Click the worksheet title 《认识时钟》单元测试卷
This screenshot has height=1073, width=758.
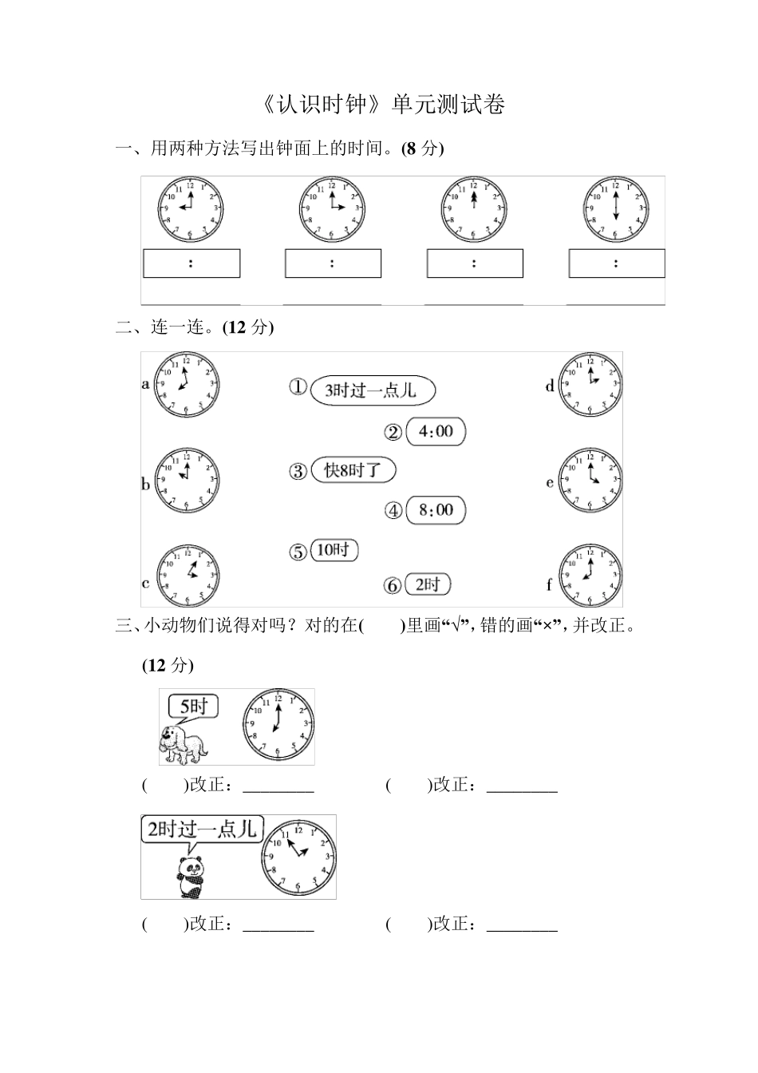click(383, 105)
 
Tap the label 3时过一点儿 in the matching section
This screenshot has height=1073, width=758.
click(372, 390)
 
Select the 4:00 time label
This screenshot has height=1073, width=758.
click(435, 432)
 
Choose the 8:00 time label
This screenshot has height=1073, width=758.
click(435, 510)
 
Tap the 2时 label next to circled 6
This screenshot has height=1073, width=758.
click(428, 584)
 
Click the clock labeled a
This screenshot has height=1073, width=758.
click(187, 383)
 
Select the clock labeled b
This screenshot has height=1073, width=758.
click(187, 481)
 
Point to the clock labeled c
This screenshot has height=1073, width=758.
click(188, 576)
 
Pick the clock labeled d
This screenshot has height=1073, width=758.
click(590, 383)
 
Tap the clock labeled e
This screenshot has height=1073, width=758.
click(590, 481)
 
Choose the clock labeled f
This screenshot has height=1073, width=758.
click(590, 576)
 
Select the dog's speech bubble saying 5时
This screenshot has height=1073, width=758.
click(193, 707)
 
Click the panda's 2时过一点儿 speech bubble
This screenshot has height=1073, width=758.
click(201, 829)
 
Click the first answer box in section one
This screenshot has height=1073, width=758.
click(191, 263)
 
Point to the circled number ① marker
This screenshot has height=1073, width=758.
click(298, 388)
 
